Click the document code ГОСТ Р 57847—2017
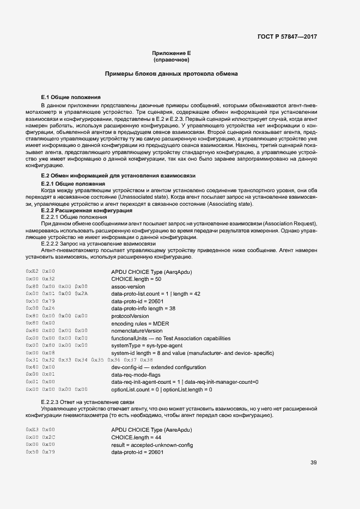[x=287, y=37]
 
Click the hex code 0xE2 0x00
[x=40, y=271]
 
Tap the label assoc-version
[x=128, y=286]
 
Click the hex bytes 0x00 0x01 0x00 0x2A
[x=57, y=293]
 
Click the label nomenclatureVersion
[x=137, y=330]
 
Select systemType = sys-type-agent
[x=147, y=345]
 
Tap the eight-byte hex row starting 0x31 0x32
[x=89, y=360]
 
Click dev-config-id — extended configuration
[x=158, y=367]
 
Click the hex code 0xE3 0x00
[x=40, y=430]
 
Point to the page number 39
[x=314, y=463]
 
